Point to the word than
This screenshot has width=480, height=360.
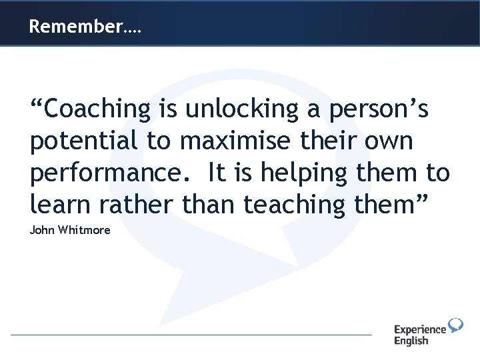pyautogui.click(x=206, y=205)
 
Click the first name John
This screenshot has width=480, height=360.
pyautogui.click(x=41, y=231)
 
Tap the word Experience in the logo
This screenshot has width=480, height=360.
pyautogui.click(x=419, y=330)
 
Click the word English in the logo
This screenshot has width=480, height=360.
pyautogui.click(x=411, y=341)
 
